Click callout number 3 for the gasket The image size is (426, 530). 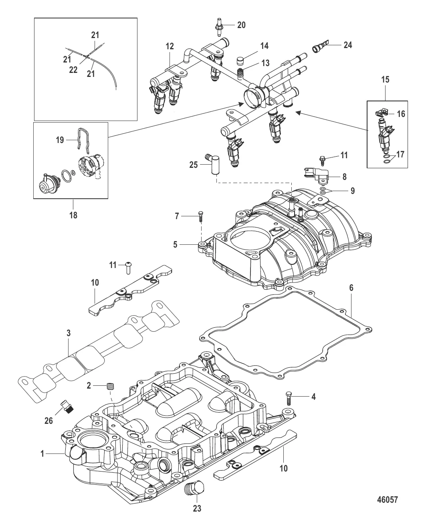(x=69, y=333)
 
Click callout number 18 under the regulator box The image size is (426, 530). (x=73, y=215)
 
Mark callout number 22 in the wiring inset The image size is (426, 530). (x=73, y=70)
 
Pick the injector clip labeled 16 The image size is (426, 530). (x=381, y=114)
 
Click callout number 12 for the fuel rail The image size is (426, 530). (x=170, y=46)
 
